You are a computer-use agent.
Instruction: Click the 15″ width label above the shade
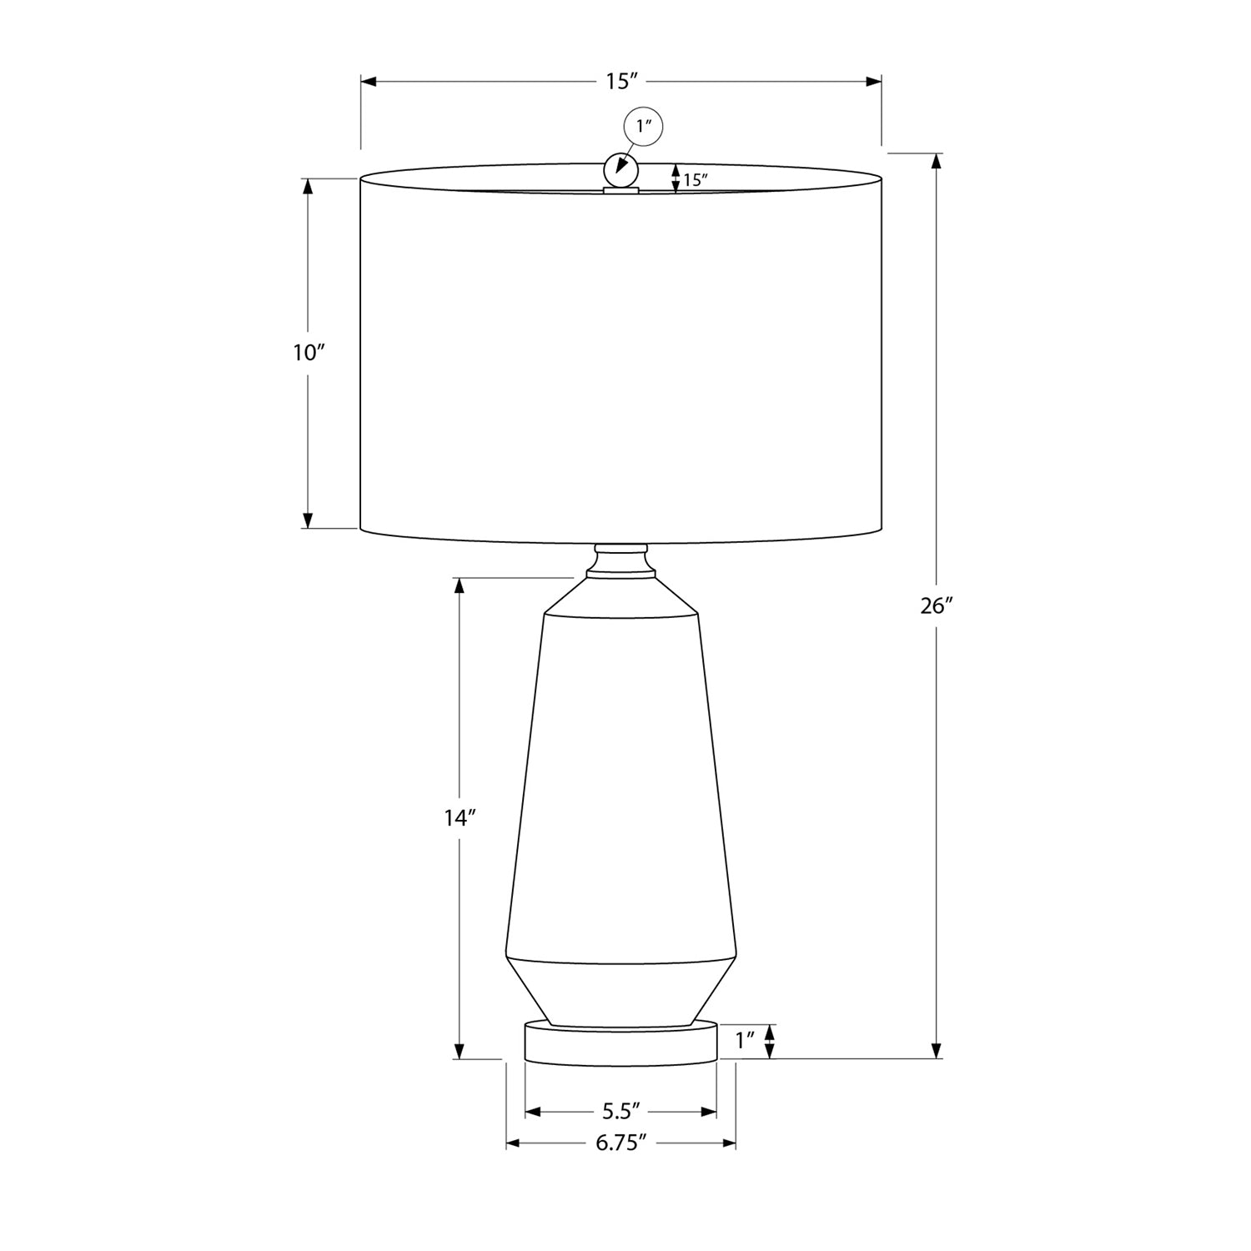pos(621,82)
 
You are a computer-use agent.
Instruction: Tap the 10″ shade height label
pos(308,353)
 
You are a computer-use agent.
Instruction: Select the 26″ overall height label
pos(936,606)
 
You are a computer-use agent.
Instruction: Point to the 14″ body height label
pos(459,818)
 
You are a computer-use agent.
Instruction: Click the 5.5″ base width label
pos(620,1112)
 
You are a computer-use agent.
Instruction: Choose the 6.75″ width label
pos(621,1143)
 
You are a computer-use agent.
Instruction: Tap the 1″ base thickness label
pos(745,1040)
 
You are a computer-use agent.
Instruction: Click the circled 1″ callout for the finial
pos(643,127)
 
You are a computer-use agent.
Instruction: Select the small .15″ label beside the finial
pos(695,179)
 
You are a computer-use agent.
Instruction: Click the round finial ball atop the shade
pos(620,170)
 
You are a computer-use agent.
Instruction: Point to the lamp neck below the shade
pos(620,560)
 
